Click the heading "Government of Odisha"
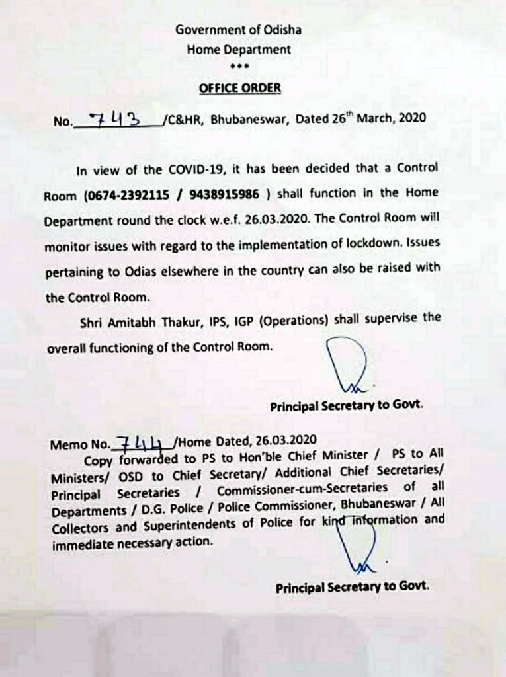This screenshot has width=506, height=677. pos(238,30)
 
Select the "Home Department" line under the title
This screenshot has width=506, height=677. pos(238,49)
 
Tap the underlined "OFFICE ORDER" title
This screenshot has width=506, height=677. pos(240,88)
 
